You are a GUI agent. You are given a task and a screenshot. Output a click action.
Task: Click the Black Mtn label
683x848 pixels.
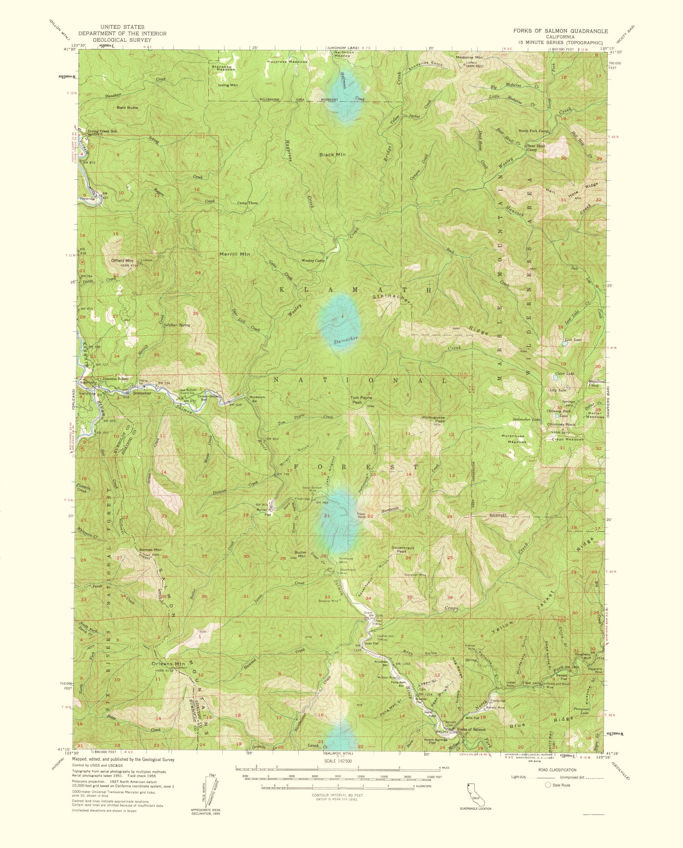coord(333,155)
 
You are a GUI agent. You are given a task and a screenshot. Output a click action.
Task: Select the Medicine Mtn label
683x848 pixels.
coord(469,57)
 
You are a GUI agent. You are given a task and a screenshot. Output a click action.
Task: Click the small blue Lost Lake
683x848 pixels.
coord(565,343)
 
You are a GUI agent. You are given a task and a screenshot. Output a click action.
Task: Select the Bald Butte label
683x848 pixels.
coord(126,107)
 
